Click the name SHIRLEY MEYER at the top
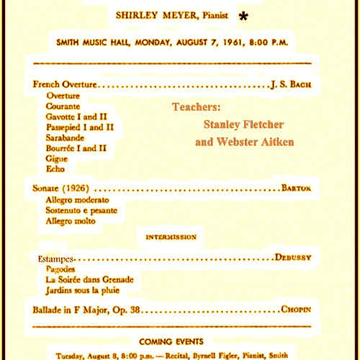pos(149,14)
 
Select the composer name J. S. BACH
pos(290,85)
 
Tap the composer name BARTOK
pos(297,188)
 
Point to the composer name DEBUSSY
pos(297,258)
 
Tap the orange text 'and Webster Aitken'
pos(245,142)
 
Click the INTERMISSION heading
pos(171,237)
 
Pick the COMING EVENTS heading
pos(171,341)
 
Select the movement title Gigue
pos(57,158)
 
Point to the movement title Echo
pos(55,169)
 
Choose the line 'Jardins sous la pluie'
pos(83,290)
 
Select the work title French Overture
pos(64,85)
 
